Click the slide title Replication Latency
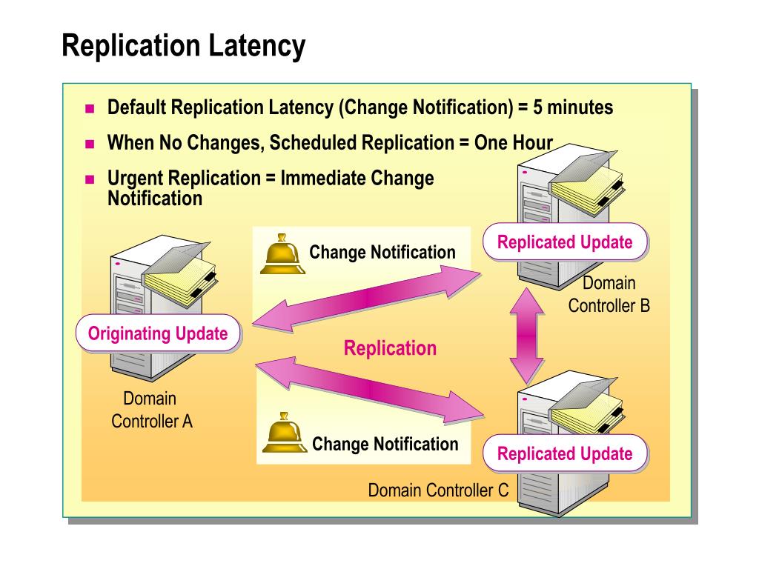click(183, 46)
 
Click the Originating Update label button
click(158, 333)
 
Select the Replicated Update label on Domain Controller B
click(565, 242)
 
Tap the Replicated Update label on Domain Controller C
click(565, 453)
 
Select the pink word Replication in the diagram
click(390, 348)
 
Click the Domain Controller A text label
click(151, 410)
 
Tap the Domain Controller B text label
click(609, 294)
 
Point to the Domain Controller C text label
click(438, 490)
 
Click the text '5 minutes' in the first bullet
click(571, 108)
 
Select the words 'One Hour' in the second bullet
click(513, 143)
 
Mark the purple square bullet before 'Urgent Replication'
click(90, 179)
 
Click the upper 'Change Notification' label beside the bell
click(382, 253)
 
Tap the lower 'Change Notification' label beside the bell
click(385, 445)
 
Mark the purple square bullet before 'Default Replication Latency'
click(90, 109)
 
